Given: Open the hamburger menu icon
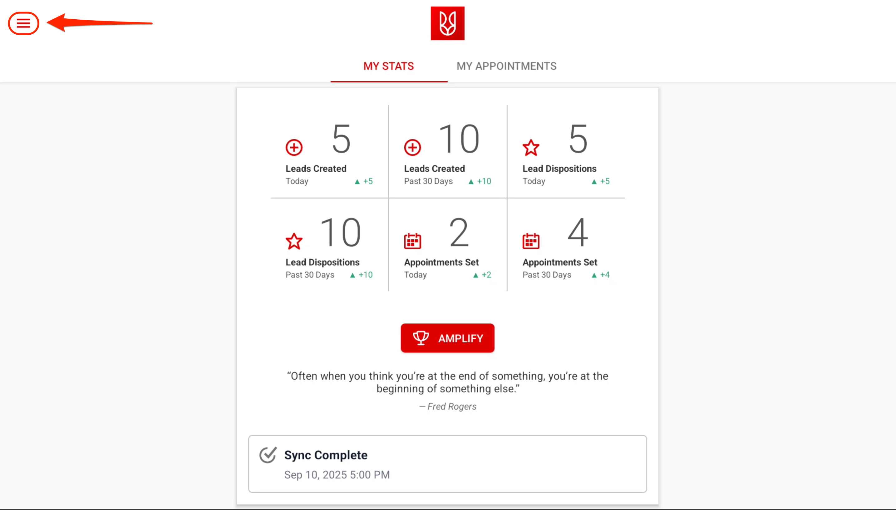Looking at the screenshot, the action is click(x=23, y=23).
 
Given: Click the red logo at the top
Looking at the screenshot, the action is click(x=447, y=23).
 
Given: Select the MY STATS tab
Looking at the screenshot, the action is click(x=388, y=66).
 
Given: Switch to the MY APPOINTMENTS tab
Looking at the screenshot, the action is click(x=506, y=66).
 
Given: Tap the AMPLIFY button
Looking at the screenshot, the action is click(x=447, y=338).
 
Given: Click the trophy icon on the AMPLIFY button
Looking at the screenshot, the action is click(x=421, y=338).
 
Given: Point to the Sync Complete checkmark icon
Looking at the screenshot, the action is click(x=268, y=455).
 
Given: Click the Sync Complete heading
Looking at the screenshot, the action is click(x=326, y=455).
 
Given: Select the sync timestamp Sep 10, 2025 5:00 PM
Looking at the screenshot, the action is click(x=337, y=475).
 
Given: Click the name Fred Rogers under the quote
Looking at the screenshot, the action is click(x=452, y=406).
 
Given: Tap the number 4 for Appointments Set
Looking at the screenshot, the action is click(x=578, y=232).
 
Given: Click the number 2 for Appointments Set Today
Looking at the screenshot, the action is click(x=459, y=232).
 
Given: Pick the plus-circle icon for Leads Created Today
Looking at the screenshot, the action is click(x=294, y=147).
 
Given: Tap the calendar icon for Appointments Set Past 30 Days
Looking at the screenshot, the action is click(x=531, y=241).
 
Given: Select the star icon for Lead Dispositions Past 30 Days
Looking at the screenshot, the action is click(x=294, y=241).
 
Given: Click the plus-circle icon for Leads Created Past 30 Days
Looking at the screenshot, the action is click(x=412, y=147).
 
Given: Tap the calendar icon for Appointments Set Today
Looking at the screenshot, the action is click(x=412, y=241).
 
